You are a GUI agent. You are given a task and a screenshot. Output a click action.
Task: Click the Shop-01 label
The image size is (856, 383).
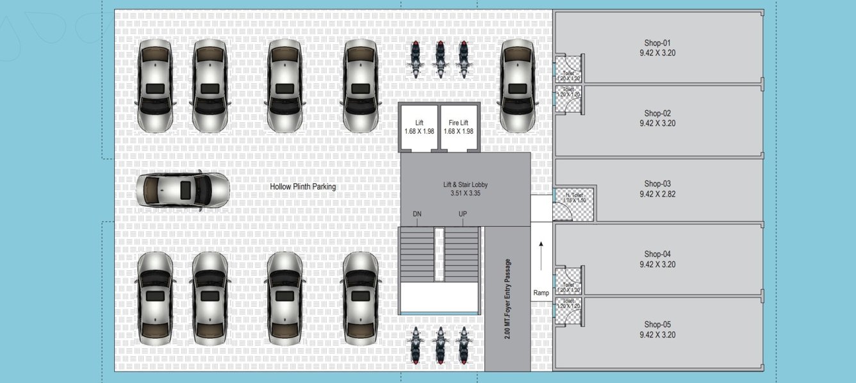pyautogui.click(x=657, y=43)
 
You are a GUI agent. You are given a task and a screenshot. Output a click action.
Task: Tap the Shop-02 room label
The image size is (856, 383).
pyautogui.click(x=657, y=113)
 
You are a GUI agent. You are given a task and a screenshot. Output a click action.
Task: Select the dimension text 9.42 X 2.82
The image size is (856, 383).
pyautogui.click(x=657, y=193)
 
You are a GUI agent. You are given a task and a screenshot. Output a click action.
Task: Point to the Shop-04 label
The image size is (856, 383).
pyautogui.click(x=657, y=254)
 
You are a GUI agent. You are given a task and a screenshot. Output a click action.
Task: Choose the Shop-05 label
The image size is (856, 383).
pyautogui.click(x=657, y=324)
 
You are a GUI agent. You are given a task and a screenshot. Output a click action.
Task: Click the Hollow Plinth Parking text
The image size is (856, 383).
pyautogui.click(x=302, y=187)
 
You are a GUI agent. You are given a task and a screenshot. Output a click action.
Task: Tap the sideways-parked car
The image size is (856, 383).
pyautogui.click(x=183, y=190)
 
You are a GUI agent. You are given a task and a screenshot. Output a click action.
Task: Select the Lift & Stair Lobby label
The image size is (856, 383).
pyautogui.click(x=465, y=184)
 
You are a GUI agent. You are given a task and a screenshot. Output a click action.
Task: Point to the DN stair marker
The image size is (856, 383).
pyautogui.click(x=417, y=214)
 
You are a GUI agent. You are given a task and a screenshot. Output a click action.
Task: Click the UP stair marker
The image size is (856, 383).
pyautogui.click(x=463, y=214)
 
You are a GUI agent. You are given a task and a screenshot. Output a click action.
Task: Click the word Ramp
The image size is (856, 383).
pyautogui.click(x=541, y=293)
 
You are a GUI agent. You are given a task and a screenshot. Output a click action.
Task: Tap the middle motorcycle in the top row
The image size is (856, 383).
pyautogui.click(x=440, y=60)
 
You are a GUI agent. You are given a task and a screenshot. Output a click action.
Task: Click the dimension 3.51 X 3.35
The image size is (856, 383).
pyautogui.click(x=465, y=193)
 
